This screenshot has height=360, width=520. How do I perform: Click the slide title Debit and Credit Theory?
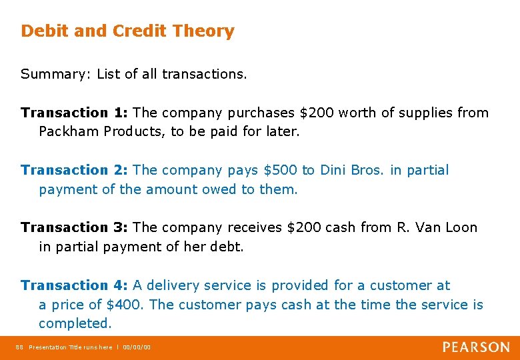point(127,31)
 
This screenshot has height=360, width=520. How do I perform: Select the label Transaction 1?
point(75,113)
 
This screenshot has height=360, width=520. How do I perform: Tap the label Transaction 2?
point(75,170)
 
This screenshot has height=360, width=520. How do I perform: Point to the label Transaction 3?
point(75,227)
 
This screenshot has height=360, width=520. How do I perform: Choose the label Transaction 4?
point(75,285)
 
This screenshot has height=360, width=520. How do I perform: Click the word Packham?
point(69,131)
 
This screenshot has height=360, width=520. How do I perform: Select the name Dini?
point(335,170)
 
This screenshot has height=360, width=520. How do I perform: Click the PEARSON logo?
point(476,347)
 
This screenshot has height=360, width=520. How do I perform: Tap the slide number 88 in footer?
point(19,347)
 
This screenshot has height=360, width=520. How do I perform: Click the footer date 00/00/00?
point(137,347)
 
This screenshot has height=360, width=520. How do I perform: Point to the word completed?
point(75,323)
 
